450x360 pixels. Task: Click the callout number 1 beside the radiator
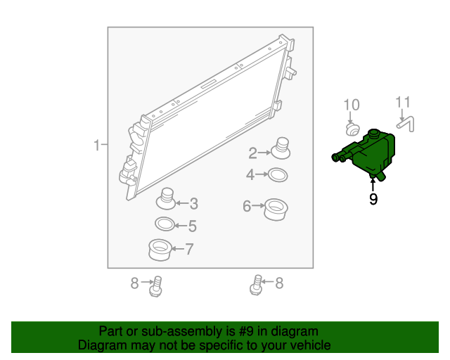click(x=97, y=146)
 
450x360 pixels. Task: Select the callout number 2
click(x=252, y=153)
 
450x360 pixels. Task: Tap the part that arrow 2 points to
click(x=281, y=148)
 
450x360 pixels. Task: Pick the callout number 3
click(x=194, y=203)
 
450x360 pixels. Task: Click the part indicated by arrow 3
click(x=166, y=199)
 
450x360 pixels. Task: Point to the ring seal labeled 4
click(x=278, y=175)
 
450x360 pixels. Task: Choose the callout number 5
click(x=193, y=226)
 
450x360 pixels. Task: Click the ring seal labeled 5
click(x=165, y=224)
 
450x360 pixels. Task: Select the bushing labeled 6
click(x=276, y=210)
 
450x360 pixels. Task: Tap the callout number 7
click(x=190, y=249)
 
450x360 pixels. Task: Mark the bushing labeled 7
click(x=160, y=250)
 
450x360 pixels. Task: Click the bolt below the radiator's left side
click(x=156, y=286)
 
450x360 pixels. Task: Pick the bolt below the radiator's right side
click(x=256, y=285)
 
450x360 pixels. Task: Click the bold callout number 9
click(x=373, y=199)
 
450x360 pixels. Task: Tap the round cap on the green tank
click(x=373, y=133)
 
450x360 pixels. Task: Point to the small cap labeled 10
click(x=352, y=130)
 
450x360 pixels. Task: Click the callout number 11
click(x=403, y=103)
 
